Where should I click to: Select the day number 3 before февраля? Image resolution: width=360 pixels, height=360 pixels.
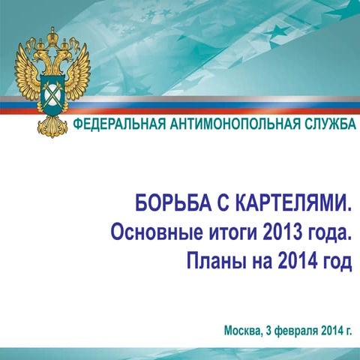click(x=268, y=330)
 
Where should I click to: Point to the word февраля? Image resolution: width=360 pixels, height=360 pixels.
click(x=295, y=330)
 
